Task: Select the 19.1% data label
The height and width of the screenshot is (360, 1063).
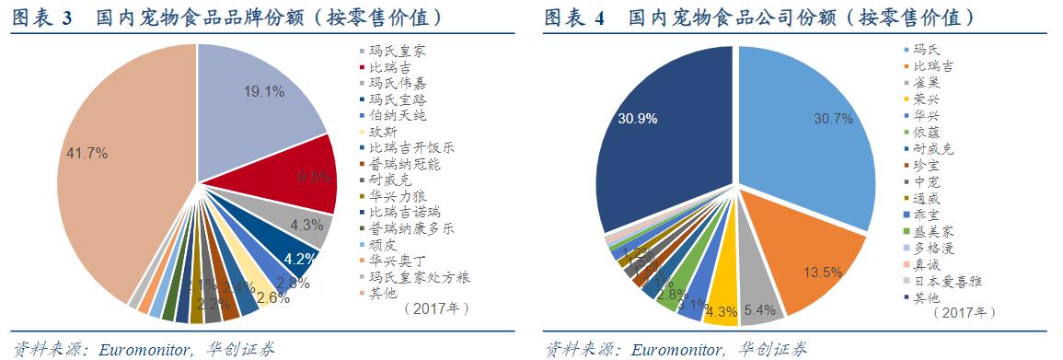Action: click(263, 92)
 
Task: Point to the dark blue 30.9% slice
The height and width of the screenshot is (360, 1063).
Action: click(663, 138)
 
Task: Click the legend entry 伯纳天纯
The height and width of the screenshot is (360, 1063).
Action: click(397, 115)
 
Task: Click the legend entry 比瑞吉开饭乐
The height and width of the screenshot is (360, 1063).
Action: click(410, 147)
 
